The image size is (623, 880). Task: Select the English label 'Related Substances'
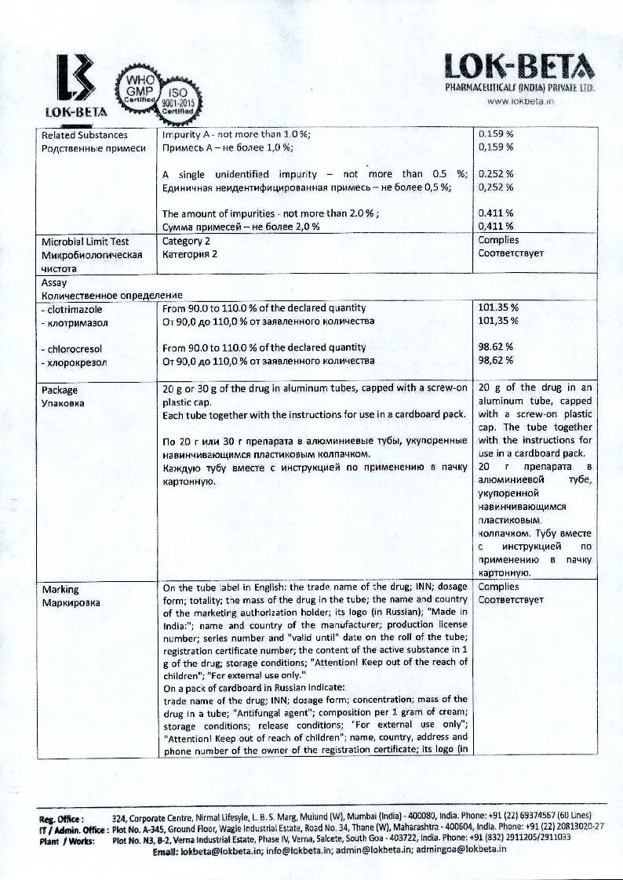point(84,134)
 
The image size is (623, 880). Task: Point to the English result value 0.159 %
point(496,134)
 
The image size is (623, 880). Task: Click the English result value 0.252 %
point(496,174)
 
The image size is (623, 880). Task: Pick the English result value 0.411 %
point(496,213)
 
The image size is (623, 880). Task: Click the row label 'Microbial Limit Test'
point(86,241)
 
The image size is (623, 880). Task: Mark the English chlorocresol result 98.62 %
point(496,347)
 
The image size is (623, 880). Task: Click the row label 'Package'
point(60,389)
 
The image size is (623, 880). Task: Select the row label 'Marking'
point(60,588)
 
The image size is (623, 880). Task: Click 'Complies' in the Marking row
point(498,587)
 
